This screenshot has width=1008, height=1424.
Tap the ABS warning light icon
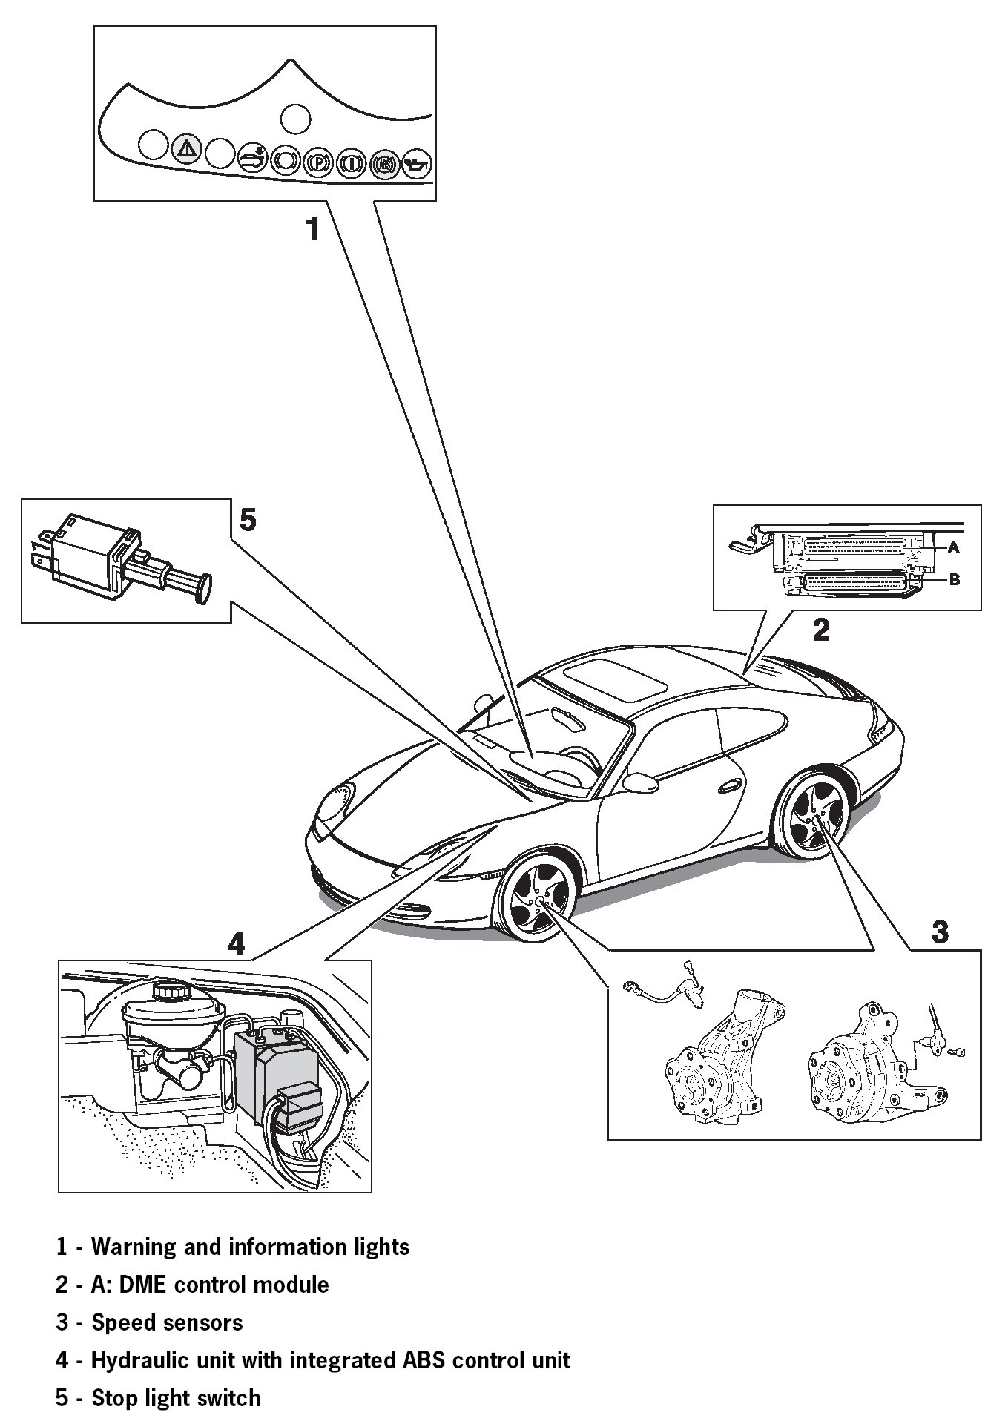coord(383,163)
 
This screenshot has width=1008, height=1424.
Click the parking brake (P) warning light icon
coord(317,162)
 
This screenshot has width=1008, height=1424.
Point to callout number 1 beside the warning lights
coord(314,229)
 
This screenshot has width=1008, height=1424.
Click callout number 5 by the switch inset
coord(248,520)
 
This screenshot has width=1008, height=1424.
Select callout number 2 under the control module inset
coord(820,630)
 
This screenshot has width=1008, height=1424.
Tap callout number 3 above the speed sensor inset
coord(939,932)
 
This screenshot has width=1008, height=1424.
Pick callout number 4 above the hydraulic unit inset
coord(235,943)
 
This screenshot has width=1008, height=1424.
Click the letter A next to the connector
coord(954,547)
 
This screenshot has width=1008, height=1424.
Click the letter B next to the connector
coord(955,580)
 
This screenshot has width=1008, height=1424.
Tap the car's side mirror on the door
coord(641,781)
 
